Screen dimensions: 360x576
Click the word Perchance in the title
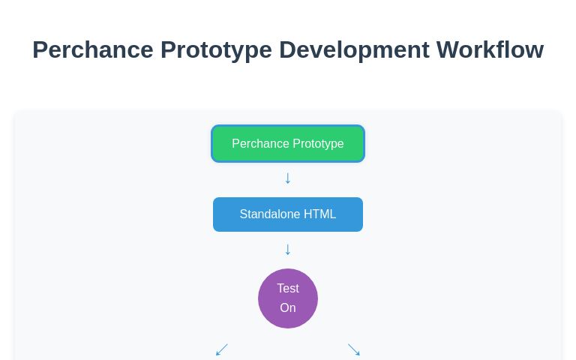92,50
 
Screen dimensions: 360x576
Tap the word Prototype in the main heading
216,50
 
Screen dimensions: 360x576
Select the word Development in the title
354,50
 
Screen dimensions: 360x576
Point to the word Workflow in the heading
490,50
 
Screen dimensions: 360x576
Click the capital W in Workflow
448,50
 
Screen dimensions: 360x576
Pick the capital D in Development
288,50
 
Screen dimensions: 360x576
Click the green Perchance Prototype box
288,143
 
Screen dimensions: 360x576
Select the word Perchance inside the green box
259,143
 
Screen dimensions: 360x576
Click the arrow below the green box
287,178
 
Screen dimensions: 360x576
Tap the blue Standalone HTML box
288,214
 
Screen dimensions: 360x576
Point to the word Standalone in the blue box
270,214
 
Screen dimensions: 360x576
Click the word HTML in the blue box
319,214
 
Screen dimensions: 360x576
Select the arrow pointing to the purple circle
287,249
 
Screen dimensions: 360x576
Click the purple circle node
288,298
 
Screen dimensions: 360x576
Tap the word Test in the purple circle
288,289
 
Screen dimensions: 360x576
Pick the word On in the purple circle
288,308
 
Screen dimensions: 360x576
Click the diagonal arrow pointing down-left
221,350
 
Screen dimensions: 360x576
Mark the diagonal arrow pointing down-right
354,350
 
